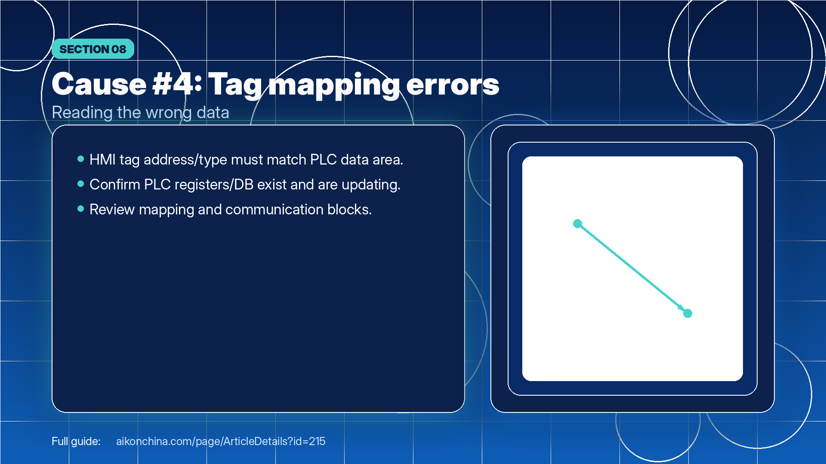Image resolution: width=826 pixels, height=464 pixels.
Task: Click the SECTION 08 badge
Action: coord(93,49)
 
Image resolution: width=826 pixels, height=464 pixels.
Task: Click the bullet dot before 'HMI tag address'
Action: coord(80,159)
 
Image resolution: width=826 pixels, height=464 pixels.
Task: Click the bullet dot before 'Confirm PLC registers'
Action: coord(80,184)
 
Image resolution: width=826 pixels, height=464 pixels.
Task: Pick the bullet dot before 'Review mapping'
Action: coord(80,209)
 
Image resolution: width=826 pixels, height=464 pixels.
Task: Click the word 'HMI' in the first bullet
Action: coord(102,160)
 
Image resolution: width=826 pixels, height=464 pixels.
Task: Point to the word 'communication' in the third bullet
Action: coord(274,210)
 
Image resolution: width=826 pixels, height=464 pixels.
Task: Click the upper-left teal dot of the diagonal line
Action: coord(578,223)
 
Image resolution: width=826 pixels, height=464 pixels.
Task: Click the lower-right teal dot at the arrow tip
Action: coord(687,314)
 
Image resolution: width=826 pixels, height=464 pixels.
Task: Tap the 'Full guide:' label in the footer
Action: coord(76,441)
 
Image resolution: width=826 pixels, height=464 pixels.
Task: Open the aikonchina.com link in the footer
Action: coord(221,441)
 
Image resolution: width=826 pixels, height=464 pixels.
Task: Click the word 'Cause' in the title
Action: coord(99,84)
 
